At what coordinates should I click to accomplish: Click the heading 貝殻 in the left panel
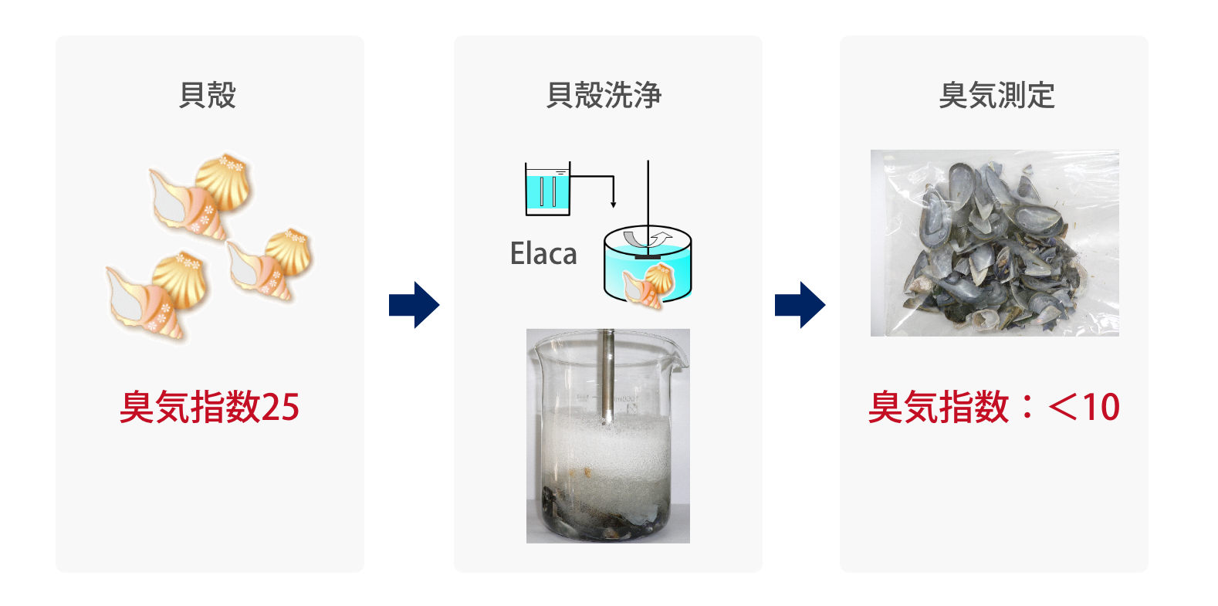point(207,95)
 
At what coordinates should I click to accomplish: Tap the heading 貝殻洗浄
point(604,95)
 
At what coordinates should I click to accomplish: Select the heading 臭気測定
point(996,95)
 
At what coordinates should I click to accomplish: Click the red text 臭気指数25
point(209,406)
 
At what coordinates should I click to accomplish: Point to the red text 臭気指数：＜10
point(994,406)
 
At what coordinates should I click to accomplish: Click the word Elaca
point(543,253)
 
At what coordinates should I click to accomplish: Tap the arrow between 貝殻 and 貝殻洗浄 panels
point(414,305)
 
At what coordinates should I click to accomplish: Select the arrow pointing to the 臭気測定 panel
point(800,305)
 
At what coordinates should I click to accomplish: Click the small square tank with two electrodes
point(547,189)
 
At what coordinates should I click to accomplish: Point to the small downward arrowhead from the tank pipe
point(614,204)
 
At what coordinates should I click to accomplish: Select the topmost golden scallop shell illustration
point(223,182)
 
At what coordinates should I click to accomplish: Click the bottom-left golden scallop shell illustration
point(180,280)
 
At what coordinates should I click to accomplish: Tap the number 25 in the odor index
point(281,407)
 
